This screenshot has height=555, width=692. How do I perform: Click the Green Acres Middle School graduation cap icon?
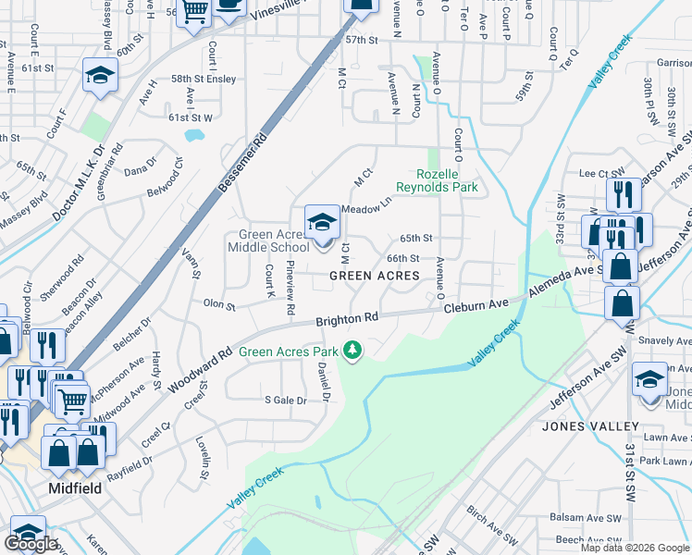click(x=321, y=223)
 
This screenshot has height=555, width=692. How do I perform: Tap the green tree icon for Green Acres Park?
click(x=352, y=350)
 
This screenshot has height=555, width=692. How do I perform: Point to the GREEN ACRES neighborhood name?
click(x=376, y=276)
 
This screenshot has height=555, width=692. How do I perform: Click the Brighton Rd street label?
click(x=347, y=318)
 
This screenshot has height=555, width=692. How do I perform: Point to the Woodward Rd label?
click(x=201, y=370)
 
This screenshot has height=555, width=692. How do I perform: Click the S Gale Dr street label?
click(x=286, y=400)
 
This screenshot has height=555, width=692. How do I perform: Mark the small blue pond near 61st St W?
click(x=194, y=136)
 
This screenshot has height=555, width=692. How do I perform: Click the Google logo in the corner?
click(x=31, y=544)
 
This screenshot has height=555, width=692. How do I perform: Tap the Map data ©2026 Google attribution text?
click(x=635, y=548)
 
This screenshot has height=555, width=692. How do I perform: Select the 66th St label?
click(x=403, y=259)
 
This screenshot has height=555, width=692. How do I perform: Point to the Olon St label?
click(x=219, y=303)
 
